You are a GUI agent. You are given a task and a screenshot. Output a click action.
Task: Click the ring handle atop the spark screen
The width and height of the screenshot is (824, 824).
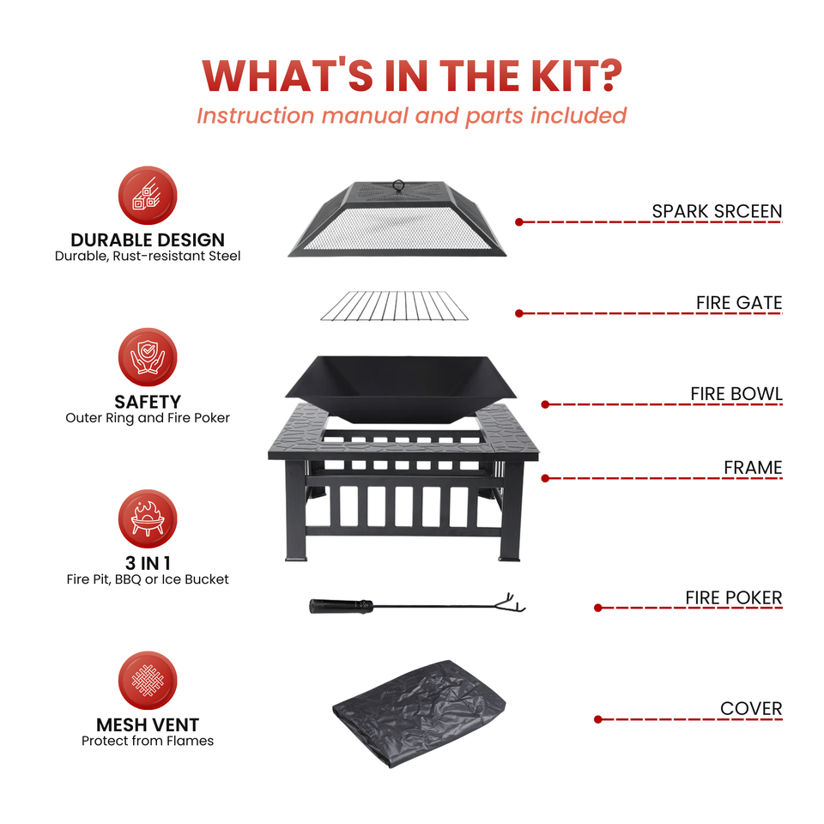(x=398, y=185)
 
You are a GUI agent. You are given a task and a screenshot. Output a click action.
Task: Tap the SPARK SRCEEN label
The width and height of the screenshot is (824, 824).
(x=717, y=211)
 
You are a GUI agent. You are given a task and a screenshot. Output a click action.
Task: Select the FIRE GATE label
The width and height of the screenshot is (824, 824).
(x=739, y=303)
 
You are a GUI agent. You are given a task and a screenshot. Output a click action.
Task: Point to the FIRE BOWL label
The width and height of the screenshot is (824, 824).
(x=736, y=394)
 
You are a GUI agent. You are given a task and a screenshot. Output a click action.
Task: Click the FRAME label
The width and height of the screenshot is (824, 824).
(x=753, y=468)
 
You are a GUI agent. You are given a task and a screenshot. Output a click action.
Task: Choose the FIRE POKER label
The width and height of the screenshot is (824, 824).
(x=734, y=598)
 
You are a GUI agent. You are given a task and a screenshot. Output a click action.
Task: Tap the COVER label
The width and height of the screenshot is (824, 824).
(x=751, y=708)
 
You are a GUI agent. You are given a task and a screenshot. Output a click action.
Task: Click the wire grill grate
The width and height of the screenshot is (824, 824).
(x=394, y=306)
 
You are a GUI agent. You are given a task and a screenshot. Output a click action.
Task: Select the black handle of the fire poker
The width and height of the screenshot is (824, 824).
(x=341, y=607)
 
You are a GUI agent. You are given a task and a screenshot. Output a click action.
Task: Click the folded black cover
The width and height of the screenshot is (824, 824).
(x=419, y=713)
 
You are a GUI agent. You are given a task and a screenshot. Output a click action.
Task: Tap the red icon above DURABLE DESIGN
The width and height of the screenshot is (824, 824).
(x=148, y=196)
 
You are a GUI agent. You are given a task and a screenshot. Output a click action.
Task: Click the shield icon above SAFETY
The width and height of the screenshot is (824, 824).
(x=148, y=357)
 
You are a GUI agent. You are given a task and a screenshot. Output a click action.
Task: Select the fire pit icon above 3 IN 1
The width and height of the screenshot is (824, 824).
(x=148, y=518)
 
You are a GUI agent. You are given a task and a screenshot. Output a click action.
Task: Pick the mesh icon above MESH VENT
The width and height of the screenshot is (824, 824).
(x=148, y=681)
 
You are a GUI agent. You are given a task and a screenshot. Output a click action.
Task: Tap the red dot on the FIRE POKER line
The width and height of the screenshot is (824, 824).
(x=598, y=608)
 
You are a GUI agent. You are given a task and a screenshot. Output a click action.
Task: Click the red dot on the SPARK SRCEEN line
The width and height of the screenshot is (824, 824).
(x=519, y=222)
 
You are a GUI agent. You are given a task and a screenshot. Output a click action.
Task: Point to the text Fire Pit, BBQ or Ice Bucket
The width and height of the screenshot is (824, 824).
(x=148, y=579)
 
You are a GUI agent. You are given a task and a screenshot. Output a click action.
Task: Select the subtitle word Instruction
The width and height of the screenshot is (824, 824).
(x=256, y=116)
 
